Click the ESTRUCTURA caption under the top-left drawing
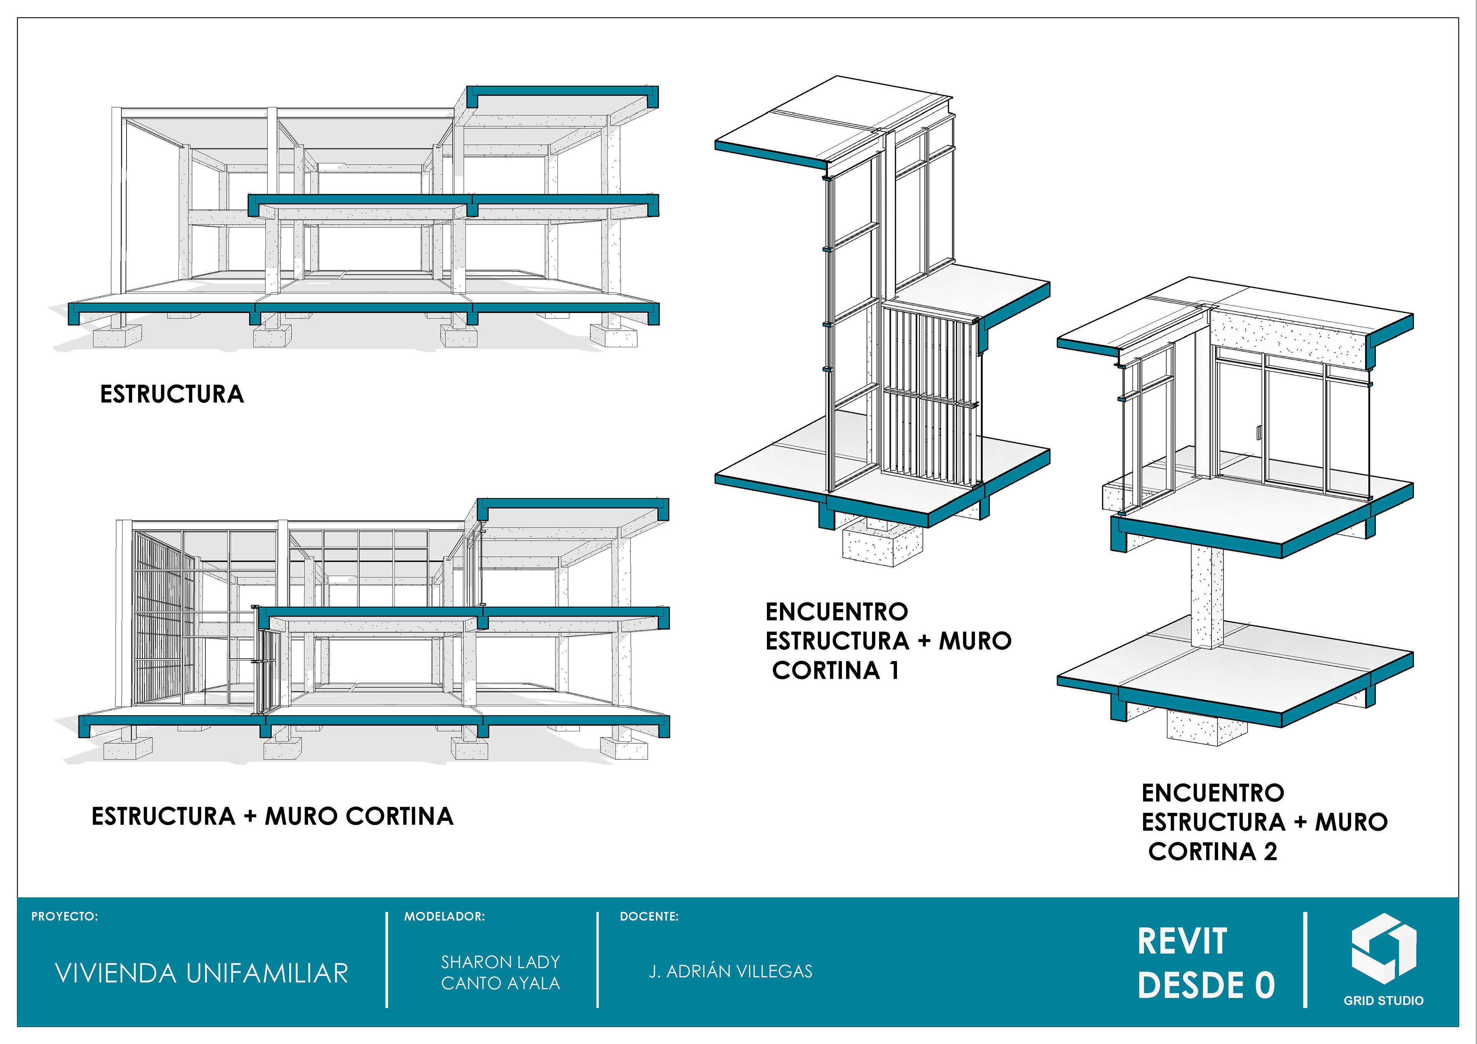tap(172, 394)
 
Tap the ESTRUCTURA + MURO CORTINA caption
tap(272, 816)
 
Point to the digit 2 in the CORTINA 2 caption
tap(1270, 852)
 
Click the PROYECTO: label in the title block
tap(64, 916)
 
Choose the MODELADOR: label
tap(444, 916)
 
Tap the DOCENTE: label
tap(648, 916)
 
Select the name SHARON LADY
tap(500, 962)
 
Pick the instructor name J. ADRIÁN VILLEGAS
tap(730, 971)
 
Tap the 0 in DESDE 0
tap(1264, 986)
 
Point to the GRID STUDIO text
tap(1383, 1000)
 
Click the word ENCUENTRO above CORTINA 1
tap(836, 612)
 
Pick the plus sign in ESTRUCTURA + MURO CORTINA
tap(250, 817)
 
